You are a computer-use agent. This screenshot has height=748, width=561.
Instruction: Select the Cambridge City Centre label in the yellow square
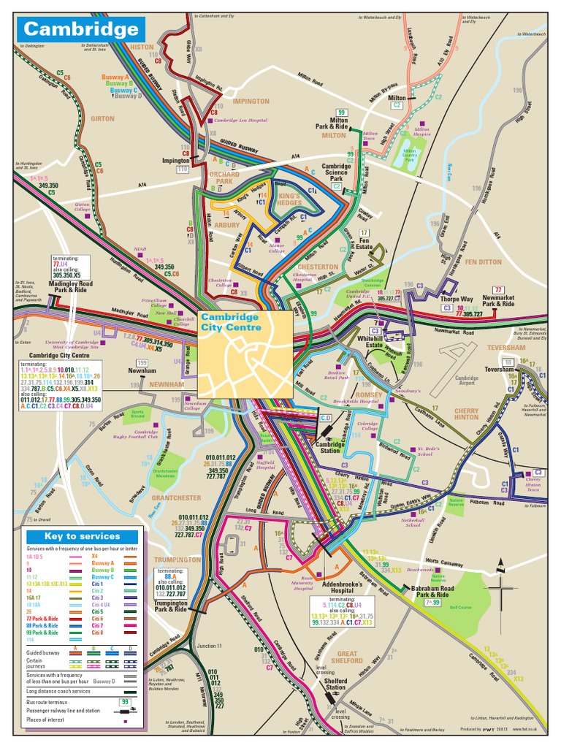229,322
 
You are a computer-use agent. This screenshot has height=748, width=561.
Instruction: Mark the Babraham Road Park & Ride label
433,591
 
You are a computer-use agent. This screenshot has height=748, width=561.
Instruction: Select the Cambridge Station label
335,447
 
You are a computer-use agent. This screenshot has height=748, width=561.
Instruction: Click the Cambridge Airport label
467,381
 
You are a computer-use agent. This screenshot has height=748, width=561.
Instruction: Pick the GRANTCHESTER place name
176,498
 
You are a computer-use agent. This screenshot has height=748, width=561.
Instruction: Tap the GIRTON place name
102,118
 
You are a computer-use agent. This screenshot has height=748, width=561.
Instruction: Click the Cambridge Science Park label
337,172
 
